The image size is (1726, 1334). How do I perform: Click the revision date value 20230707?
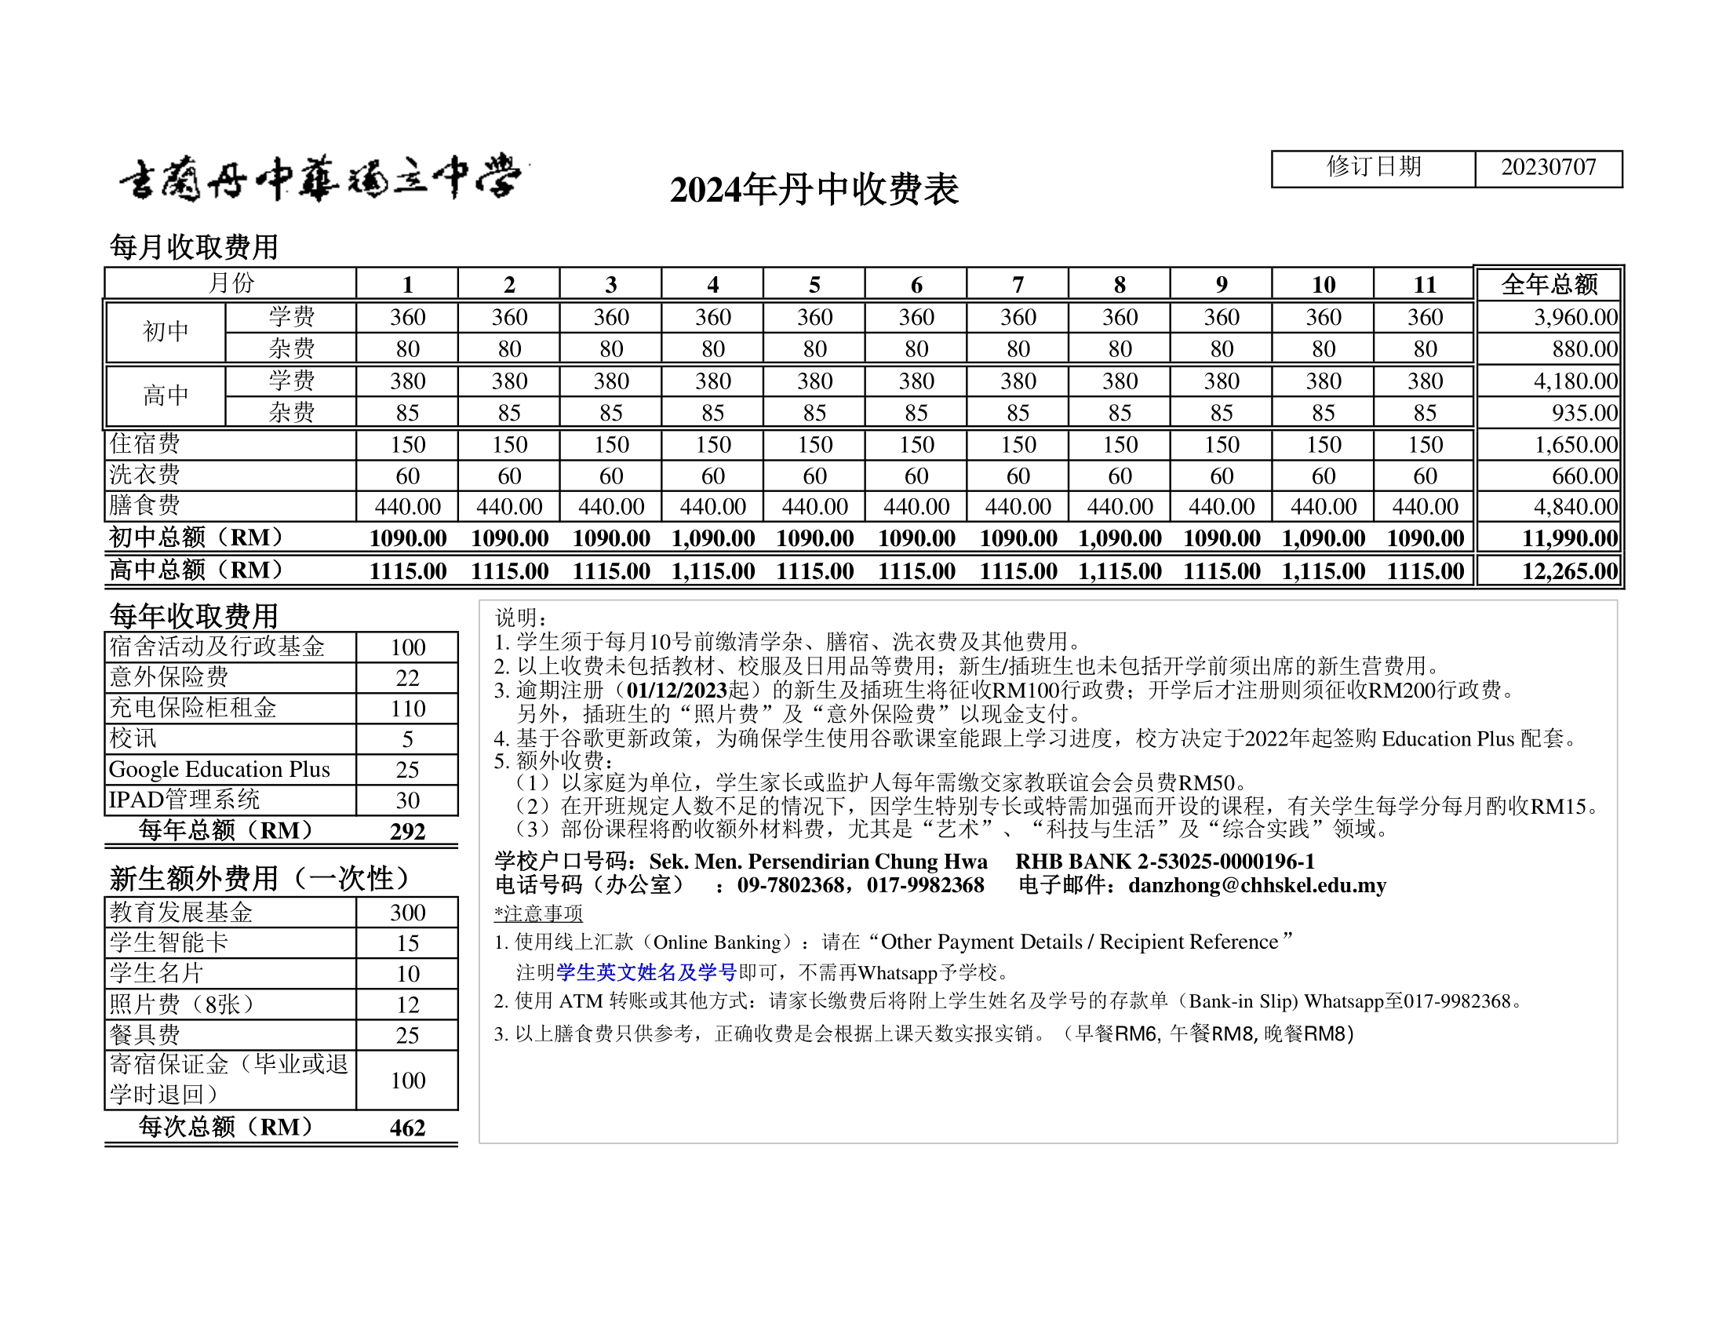click(1547, 168)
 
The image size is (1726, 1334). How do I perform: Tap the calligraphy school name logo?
click(321, 179)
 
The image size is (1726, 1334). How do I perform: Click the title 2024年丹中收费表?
click(814, 190)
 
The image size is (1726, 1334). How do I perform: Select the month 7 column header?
click(1018, 285)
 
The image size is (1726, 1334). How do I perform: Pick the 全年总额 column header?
click(1549, 285)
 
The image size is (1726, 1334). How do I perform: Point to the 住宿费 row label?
click(144, 444)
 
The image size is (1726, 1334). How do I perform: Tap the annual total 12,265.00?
click(1570, 571)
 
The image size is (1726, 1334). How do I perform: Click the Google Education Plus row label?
click(220, 770)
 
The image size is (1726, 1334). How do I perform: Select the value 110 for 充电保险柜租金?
click(408, 709)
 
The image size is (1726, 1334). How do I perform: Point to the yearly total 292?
click(408, 831)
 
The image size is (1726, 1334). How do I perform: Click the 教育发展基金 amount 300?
click(408, 913)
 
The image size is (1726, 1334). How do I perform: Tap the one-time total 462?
click(408, 1128)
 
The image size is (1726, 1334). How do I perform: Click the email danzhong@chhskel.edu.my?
click(1257, 885)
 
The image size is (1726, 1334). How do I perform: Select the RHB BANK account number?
click(1225, 862)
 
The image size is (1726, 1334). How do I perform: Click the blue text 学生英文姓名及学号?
click(646, 972)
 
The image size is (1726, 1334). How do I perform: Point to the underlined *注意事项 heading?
click(538, 914)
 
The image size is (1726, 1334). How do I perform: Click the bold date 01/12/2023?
click(676, 690)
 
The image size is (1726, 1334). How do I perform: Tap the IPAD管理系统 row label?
click(184, 800)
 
